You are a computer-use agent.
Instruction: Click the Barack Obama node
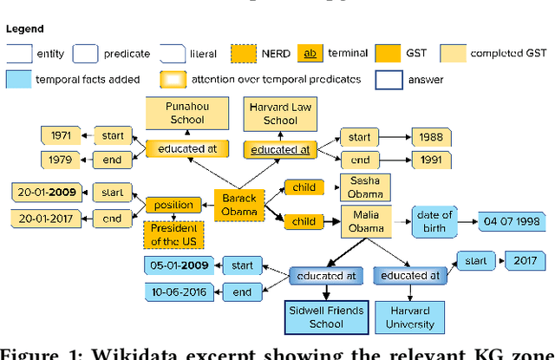click(x=234, y=204)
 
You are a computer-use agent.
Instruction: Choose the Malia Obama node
click(x=367, y=221)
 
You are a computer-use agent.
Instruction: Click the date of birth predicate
click(x=434, y=221)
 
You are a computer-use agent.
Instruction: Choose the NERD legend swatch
click(x=245, y=53)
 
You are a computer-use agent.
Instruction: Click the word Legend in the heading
click(x=25, y=29)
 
